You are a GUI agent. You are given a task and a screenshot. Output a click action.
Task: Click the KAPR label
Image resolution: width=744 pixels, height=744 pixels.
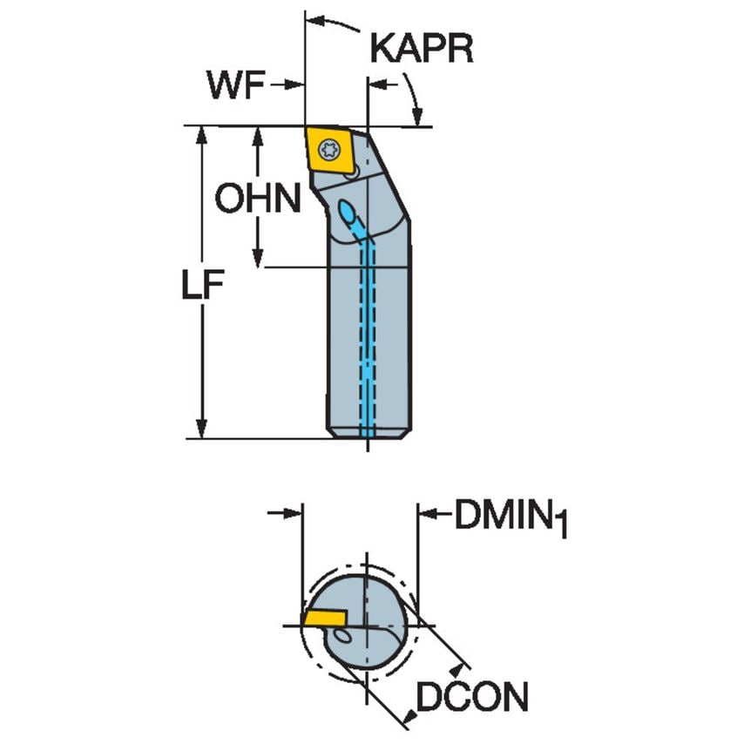[x=422, y=48]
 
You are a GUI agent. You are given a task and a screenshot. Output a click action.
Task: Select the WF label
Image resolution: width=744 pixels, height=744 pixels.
[x=236, y=85]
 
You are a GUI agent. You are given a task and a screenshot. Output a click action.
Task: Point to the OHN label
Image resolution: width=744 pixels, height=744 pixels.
[x=258, y=200]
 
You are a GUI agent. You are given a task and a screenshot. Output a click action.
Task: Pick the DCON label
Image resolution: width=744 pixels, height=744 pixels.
[x=471, y=697]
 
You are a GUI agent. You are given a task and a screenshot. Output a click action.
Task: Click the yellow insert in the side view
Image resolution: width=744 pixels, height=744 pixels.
[x=332, y=152]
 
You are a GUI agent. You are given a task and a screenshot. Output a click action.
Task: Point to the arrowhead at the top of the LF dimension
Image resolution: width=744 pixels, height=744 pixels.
[x=202, y=136]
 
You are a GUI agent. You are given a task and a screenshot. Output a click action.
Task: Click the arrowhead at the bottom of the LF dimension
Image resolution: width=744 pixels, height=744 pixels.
[x=202, y=430]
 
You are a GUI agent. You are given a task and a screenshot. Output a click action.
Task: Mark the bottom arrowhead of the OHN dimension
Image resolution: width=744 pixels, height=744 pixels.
[x=258, y=258]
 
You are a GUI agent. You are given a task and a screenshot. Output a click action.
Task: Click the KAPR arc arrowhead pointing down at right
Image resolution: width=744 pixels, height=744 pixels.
[x=417, y=117]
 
